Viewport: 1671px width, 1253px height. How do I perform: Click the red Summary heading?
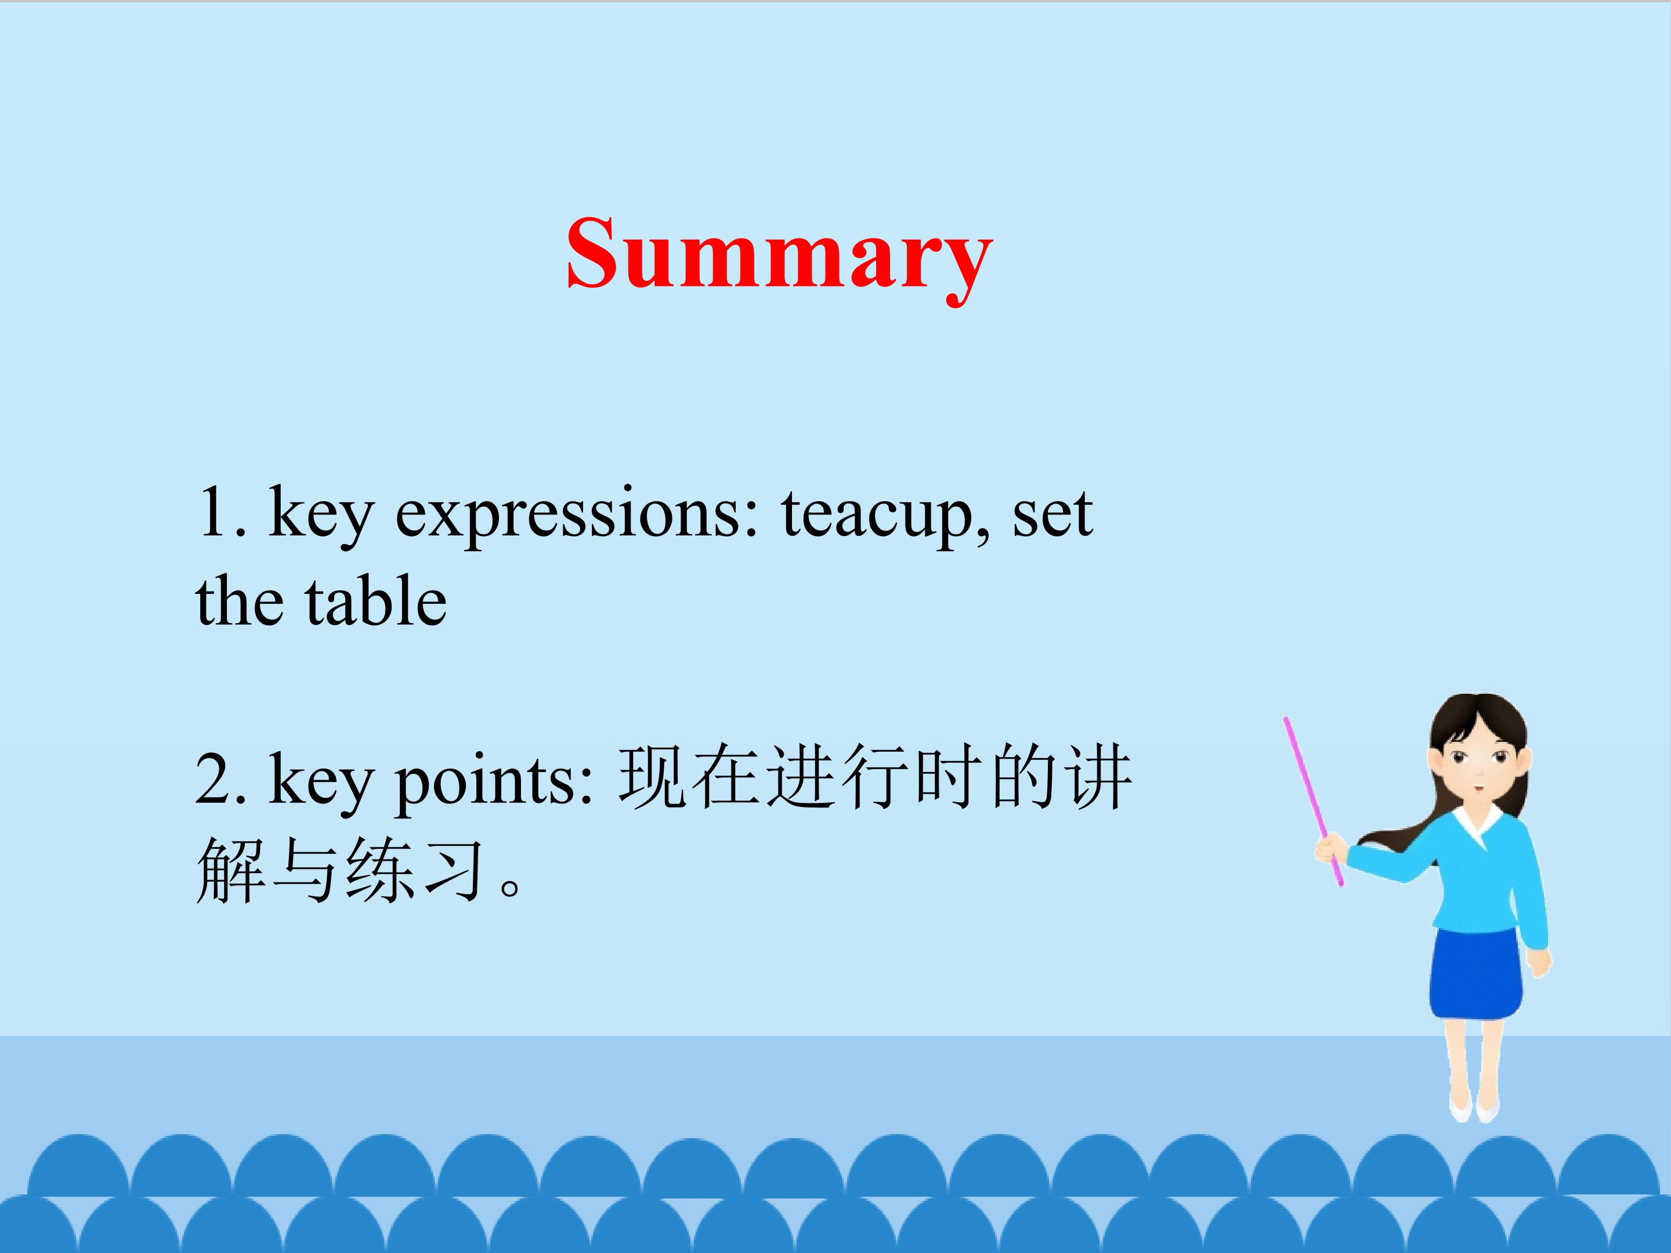780,257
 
